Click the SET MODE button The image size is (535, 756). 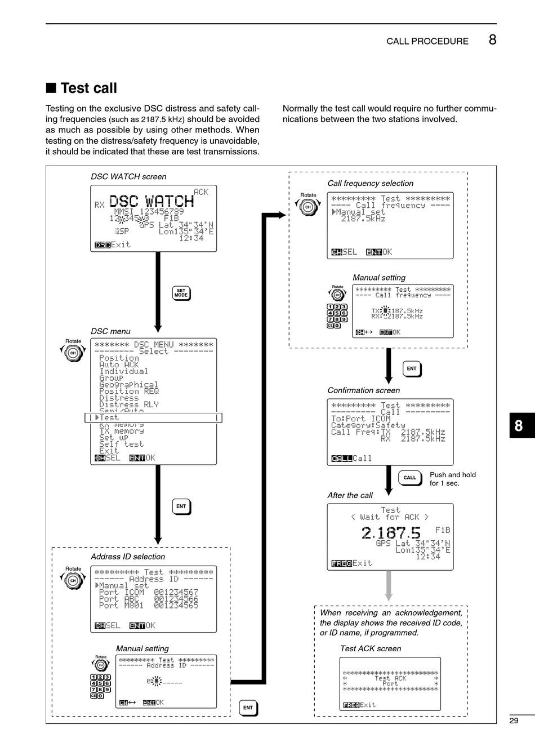[181, 293]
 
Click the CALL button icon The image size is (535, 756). [409, 478]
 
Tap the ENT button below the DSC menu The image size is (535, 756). [181, 506]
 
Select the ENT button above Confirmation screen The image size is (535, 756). [412, 369]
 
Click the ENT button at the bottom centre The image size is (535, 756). [248, 708]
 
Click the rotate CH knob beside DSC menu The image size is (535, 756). [73, 353]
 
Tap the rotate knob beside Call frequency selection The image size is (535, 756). [308, 207]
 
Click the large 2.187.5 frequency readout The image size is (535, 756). [391, 532]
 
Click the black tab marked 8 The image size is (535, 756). [519, 426]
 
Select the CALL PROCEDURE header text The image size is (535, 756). [427, 41]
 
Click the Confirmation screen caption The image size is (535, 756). [364, 390]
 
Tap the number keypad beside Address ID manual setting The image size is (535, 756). [101, 686]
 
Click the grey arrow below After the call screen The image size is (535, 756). [388, 586]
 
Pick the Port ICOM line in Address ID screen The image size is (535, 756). [149, 593]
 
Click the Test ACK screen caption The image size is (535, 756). [371, 648]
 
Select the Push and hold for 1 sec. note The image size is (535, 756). [452, 479]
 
